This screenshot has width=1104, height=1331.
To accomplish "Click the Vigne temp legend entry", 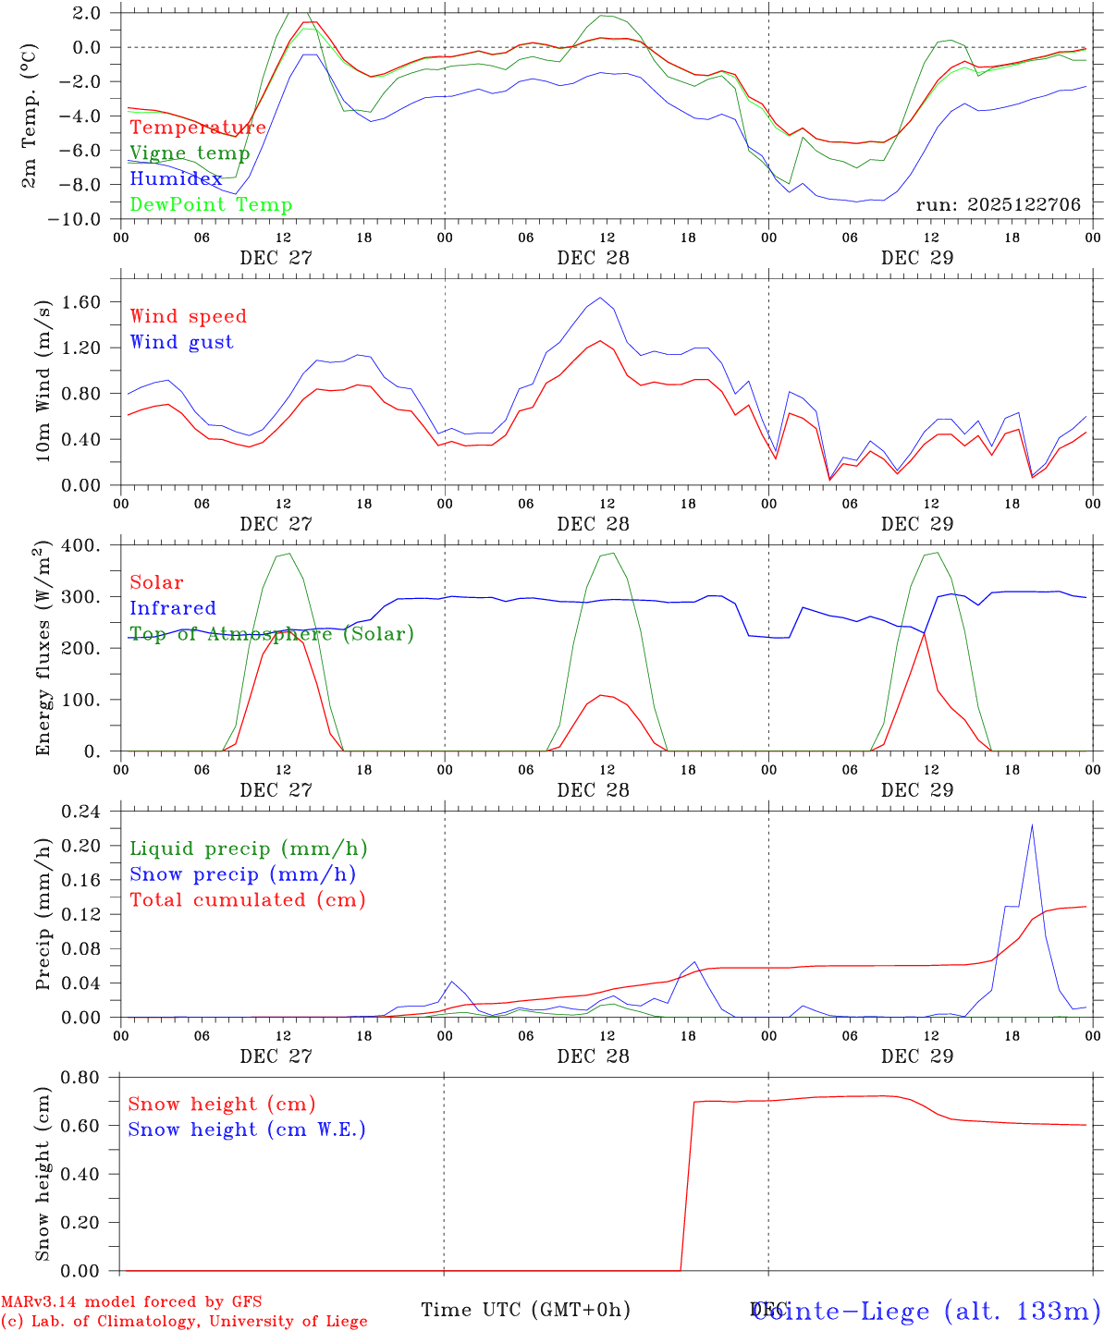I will click(190, 153).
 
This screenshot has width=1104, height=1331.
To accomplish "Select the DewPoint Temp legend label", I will click(211, 204).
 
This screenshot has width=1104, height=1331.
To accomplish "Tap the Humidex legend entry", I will click(176, 179).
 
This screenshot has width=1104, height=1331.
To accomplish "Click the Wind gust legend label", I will click(181, 342).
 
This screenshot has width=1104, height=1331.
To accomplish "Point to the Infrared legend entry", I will click(173, 608).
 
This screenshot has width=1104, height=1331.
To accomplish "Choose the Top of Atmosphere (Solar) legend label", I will click(272, 634).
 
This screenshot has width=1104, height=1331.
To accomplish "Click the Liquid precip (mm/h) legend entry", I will click(249, 849).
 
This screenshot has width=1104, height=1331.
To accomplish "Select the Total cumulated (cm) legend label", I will click(248, 899).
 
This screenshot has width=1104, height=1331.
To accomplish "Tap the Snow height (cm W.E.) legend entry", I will click(247, 1130).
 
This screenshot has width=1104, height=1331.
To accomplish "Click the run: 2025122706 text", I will click(998, 205).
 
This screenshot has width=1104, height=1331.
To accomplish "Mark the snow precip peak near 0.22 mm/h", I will click(1032, 825).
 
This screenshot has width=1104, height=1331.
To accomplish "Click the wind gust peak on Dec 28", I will click(600, 298).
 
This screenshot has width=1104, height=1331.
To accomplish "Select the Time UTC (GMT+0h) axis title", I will click(525, 1310).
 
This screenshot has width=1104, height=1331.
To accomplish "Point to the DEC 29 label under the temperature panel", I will click(917, 258).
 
